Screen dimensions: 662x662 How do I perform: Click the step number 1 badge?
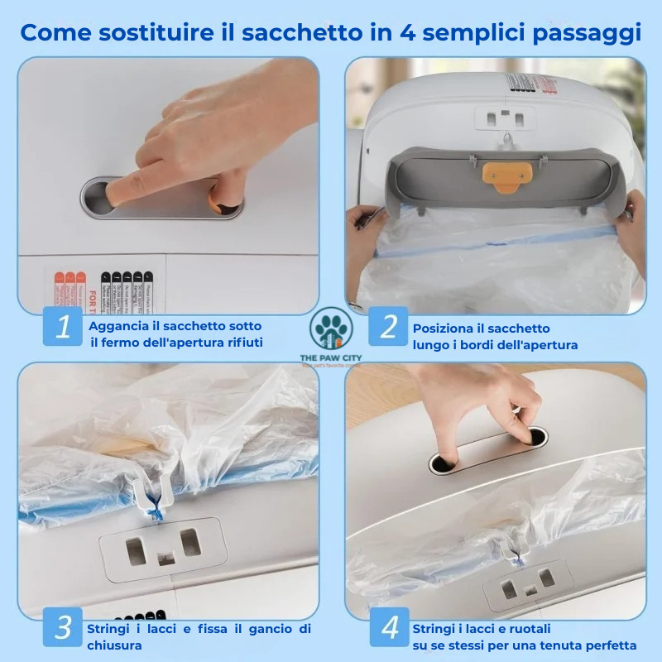62,327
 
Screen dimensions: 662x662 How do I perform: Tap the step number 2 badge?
388,327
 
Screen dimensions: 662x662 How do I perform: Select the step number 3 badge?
62,627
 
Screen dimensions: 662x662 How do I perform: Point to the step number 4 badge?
388,627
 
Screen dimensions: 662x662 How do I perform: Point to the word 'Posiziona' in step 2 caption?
441,329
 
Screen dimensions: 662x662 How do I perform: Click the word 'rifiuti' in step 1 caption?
244,342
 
